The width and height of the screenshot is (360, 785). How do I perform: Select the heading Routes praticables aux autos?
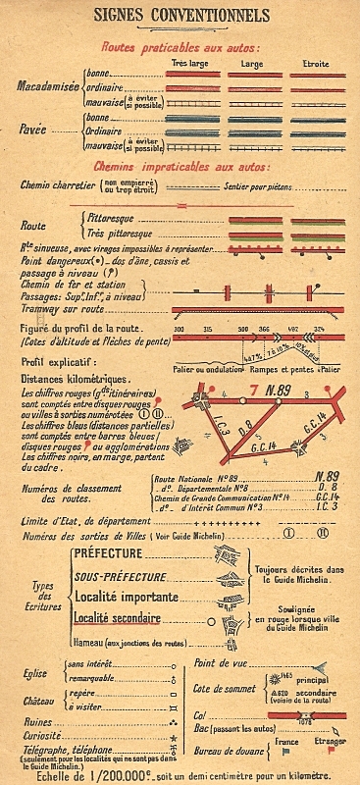coord(180,47)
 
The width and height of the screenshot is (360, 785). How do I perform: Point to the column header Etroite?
coord(316,64)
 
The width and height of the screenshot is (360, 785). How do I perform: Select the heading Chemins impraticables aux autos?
coord(180,167)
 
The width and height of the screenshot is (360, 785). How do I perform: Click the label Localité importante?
coord(125,597)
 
